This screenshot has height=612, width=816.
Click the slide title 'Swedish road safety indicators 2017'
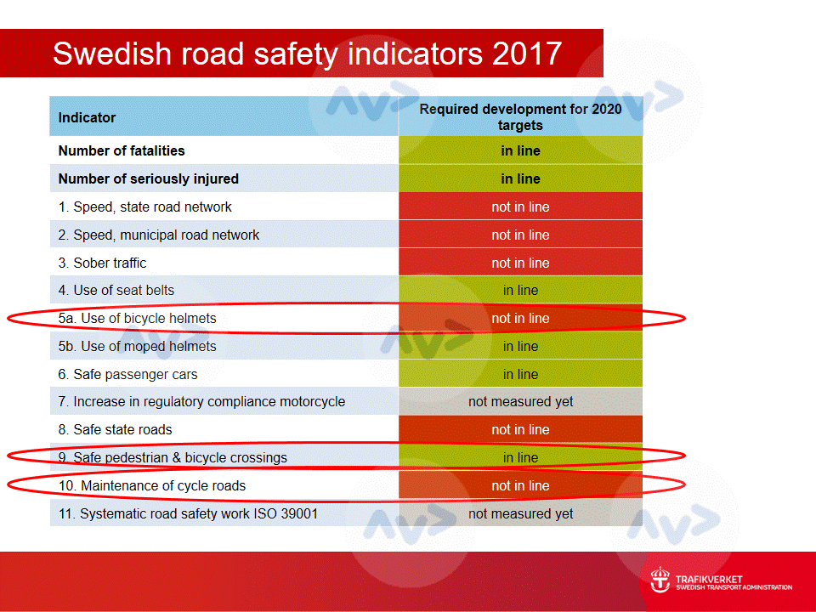point(307,53)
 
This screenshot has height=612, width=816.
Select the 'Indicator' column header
point(87,117)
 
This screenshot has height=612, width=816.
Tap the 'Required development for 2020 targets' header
point(520,117)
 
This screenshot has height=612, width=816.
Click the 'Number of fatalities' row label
point(122,151)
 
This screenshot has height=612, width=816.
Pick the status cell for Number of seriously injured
point(520,179)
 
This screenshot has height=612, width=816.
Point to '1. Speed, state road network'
point(144,207)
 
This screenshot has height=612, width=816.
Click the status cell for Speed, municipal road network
point(520,235)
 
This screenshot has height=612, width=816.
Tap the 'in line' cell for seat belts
point(520,291)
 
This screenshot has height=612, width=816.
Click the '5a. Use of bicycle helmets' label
point(138,319)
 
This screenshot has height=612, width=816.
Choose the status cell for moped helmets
point(520,347)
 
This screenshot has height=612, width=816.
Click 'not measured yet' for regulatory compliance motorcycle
point(520,402)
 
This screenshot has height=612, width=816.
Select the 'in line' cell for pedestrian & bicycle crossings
point(520,458)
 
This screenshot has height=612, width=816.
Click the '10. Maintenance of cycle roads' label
point(152,486)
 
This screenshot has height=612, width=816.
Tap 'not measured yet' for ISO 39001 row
point(520,514)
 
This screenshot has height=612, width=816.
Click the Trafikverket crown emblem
point(660,581)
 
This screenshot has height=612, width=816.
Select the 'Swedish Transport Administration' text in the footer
point(734,587)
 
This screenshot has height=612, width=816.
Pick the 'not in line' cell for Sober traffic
point(520,263)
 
